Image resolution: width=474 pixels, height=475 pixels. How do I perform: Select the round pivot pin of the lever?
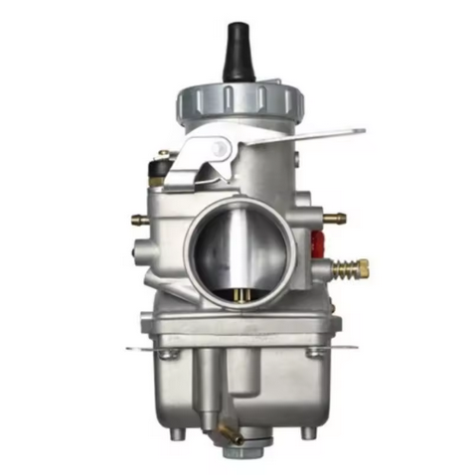tap(221, 149)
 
